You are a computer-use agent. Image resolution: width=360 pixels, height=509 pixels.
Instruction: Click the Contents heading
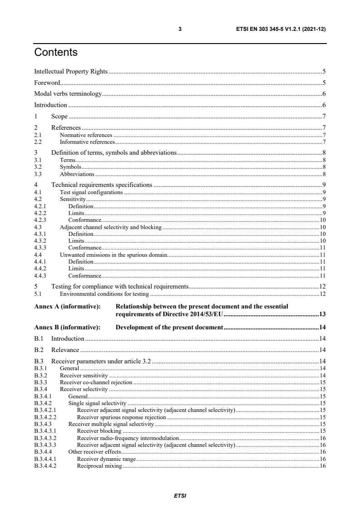tap(56, 53)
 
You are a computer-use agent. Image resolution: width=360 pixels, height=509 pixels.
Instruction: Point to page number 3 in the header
tap(180, 29)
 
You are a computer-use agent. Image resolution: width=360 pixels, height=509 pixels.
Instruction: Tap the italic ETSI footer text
tap(180, 495)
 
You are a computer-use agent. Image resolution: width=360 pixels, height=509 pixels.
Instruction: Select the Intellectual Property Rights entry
tap(71, 71)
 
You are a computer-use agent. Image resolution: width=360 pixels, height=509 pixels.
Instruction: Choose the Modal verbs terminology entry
tap(68, 94)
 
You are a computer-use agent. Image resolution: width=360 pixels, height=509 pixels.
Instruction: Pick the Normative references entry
tap(86, 135)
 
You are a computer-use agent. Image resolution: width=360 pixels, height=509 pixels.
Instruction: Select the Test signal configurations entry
tap(91, 192)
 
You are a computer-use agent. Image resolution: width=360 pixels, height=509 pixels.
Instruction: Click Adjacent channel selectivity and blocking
tap(111, 226)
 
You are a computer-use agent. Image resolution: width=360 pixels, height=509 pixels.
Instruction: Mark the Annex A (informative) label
tap(67, 307)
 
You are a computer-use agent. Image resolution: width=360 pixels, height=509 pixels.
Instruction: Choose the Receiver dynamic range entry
tap(106, 459)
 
